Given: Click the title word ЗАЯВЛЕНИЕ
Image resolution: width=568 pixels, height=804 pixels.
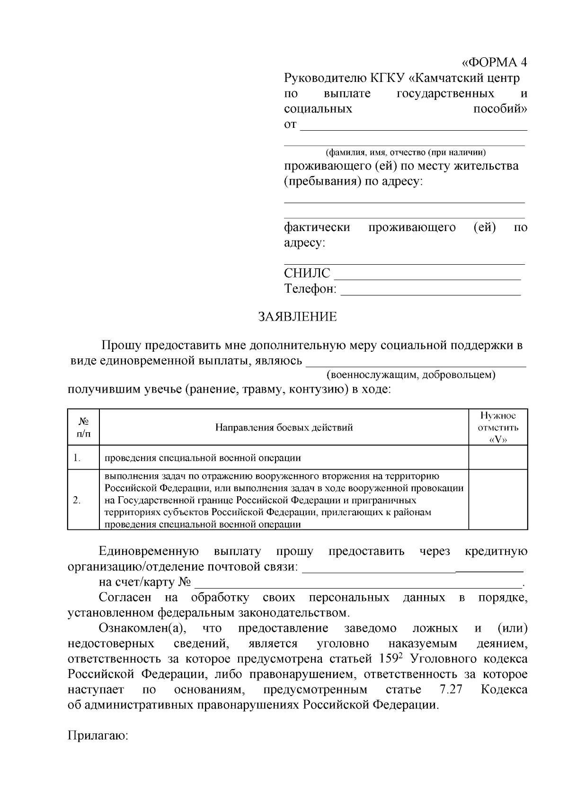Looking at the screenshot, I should pyautogui.click(x=297, y=317).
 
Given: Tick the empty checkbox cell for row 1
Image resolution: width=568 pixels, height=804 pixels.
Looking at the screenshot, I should pyautogui.click(x=497, y=457).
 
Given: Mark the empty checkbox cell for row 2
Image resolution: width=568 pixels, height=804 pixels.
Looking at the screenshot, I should pyautogui.click(x=497, y=500).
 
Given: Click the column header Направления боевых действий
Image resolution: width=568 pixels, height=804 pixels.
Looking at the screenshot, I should pyautogui.click(x=284, y=428).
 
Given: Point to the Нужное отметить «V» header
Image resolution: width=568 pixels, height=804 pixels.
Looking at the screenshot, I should pyautogui.click(x=497, y=427).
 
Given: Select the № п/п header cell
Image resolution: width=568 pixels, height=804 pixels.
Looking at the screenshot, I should pyautogui.click(x=83, y=427).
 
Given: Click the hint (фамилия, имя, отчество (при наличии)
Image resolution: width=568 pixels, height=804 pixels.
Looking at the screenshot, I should pyautogui.click(x=406, y=152).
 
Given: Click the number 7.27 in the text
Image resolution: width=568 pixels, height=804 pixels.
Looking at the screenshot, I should pyautogui.click(x=447, y=689).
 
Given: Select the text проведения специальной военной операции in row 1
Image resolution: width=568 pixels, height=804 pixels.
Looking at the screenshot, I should pyautogui.click(x=203, y=458).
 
